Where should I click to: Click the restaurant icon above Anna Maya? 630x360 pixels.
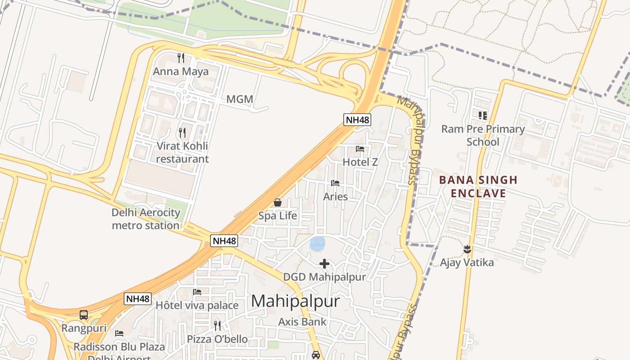pos(181,58)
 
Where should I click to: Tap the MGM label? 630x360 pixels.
pos(239,99)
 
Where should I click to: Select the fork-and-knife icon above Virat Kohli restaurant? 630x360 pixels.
pos(182,132)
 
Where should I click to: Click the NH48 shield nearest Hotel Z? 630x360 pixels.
pos(357,120)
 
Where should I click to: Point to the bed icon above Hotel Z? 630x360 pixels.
pos(360,148)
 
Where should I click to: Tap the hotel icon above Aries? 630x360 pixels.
pos(335,183)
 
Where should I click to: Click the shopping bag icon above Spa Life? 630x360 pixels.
pos(278,202)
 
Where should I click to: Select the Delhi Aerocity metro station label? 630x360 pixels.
pos(146,219)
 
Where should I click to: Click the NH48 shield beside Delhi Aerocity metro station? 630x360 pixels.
pos(224,241)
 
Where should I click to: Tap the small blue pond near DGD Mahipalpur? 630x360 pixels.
pos(317,243)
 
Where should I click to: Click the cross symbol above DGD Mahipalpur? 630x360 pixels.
pos(324,264)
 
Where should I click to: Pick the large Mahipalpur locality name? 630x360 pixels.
pos(295,301)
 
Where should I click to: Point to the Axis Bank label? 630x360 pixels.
pos(302,322)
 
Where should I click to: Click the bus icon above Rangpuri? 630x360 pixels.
pos(84,315)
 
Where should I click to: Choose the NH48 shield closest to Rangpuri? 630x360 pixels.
pos(138,299)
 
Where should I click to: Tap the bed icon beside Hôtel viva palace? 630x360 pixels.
pos(197,292)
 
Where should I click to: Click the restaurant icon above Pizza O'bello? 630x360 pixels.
pos(217,325)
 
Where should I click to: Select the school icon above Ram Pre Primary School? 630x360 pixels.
pos(483,116)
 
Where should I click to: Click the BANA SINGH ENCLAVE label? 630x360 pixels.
pos(478,187)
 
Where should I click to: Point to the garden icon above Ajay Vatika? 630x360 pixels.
pos(467,249)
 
